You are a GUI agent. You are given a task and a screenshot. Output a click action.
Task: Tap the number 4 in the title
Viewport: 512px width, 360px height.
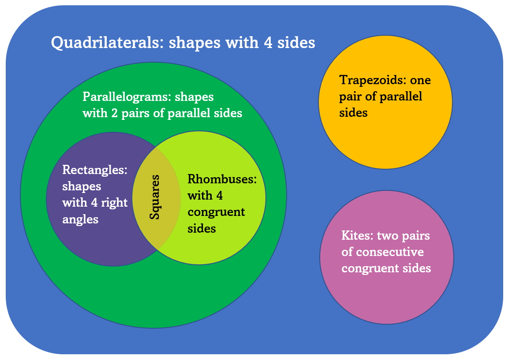click(268, 42)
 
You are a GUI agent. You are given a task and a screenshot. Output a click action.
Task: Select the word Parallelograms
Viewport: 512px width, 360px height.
click(127, 97)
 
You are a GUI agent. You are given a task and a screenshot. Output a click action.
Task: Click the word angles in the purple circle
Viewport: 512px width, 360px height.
click(80, 219)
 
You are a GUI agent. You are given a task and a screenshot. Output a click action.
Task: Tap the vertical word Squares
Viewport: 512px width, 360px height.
click(154, 197)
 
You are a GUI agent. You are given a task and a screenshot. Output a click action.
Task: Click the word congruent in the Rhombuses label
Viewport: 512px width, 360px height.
click(216, 212)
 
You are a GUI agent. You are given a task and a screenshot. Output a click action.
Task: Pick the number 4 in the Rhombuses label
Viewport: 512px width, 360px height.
click(220, 196)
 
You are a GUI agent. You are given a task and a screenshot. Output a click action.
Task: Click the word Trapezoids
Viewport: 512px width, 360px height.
click(373, 80)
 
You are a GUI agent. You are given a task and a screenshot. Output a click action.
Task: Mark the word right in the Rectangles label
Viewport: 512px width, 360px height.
click(114, 203)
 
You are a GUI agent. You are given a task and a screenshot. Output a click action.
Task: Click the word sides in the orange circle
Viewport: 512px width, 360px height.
click(353, 113)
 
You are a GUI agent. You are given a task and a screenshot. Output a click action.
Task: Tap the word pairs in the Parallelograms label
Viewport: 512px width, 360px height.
click(135, 114)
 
